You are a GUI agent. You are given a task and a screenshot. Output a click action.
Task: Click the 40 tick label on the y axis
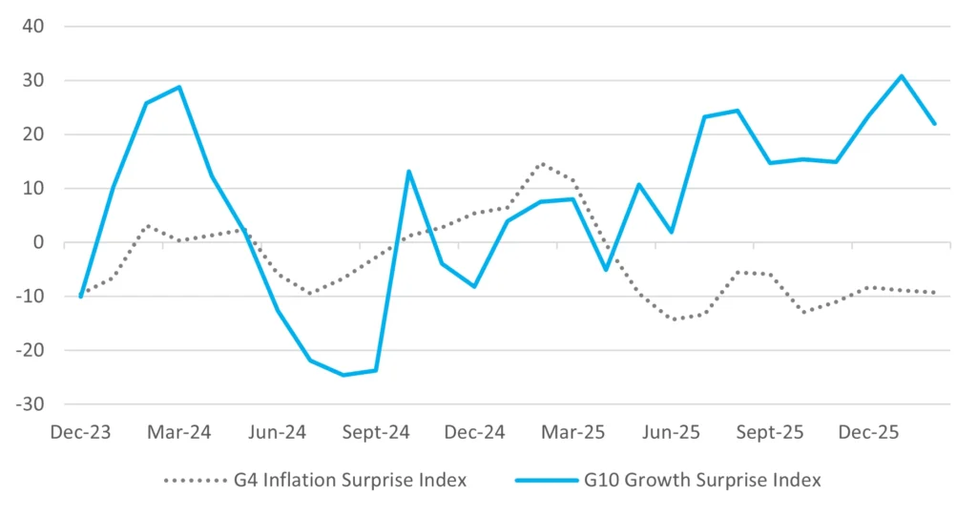click(x=33, y=27)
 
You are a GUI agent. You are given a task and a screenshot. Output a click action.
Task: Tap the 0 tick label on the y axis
click(x=39, y=242)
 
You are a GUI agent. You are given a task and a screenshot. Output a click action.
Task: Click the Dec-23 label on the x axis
click(x=80, y=432)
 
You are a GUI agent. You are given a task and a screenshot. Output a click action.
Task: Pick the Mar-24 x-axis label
click(x=178, y=432)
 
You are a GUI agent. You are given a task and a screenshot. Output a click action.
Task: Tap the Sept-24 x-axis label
click(x=376, y=432)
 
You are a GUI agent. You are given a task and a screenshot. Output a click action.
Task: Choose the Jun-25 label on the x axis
click(x=672, y=432)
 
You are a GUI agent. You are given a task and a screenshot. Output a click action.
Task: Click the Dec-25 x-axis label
click(x=868, y=432)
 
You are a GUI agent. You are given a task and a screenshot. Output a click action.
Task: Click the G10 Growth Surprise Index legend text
click(x=702, y=481)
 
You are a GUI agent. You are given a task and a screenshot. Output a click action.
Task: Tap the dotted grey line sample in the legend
click(x=195, y=481)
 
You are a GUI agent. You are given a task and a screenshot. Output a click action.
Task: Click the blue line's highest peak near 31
click(x=902, y=76)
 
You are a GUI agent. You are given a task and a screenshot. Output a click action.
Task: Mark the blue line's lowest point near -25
click(x=343, y=375)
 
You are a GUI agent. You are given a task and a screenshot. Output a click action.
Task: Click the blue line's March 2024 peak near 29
click(x=179, y=88)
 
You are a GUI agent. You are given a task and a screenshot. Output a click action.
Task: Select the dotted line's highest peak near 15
click(x=541, y=163)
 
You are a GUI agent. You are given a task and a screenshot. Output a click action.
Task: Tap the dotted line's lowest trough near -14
click(x=675, y=319)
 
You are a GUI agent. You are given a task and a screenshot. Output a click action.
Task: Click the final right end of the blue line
click(x=934, y=124)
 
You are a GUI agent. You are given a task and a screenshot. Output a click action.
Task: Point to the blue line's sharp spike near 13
click(x=408, y=172)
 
